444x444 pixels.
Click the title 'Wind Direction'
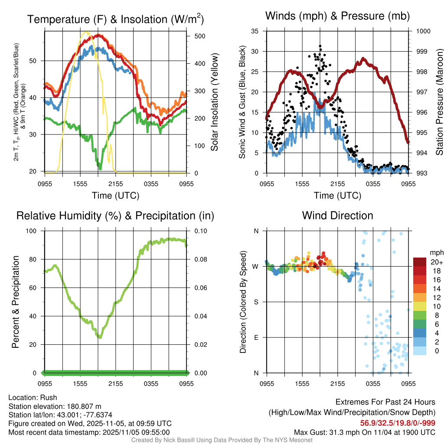pos(337,215)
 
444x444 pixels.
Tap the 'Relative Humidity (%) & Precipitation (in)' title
pos(115,215)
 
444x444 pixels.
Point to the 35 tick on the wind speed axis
pos(255,31)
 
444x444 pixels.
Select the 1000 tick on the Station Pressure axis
pos(423,31)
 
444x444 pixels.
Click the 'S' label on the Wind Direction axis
pos(256,302)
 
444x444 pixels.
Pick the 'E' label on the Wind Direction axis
pos(256,337)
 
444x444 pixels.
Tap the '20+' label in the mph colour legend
pos(437,262)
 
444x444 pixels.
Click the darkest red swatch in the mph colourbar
pos(419,262)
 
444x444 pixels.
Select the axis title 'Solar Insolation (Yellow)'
pos(215,102)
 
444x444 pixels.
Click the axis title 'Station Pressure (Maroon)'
pos(439,102)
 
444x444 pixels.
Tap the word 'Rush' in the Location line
pos(49,398)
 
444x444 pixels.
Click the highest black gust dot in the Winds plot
pos(320,46)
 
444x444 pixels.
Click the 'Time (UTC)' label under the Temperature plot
pos(116,196)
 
